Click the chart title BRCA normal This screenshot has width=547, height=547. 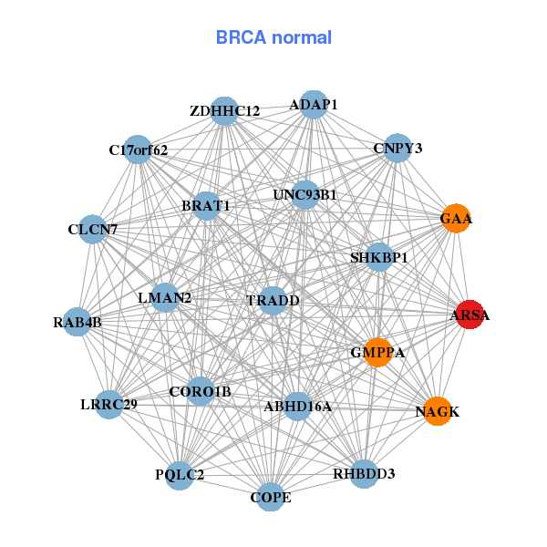click(273, 38)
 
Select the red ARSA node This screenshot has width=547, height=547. click(470, 315)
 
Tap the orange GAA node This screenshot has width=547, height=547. click(455, 219)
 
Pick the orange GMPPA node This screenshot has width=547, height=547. click(377, 352)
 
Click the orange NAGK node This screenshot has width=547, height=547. click(438, 411)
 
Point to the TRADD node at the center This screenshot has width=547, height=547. click(273, 300)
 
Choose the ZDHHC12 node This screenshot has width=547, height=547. click(224, 111)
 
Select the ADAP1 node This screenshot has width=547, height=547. click(314, 105)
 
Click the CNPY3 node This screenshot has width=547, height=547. click(397, 148)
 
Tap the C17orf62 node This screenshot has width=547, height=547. click(138, 150)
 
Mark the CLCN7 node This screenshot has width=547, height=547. click(93, 230)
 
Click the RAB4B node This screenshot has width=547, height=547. click(77, 322)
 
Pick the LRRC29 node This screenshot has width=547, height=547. click(108, 404)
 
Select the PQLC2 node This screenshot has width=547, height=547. click(180, 475)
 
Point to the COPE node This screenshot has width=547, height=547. click(271, 497)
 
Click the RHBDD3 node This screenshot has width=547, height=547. click(364, 474)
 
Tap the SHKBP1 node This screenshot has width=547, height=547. click(379, 258)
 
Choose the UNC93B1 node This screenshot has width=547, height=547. click(305, 194)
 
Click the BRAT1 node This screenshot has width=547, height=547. click(206, 206)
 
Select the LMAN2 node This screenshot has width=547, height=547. click(165, 297)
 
